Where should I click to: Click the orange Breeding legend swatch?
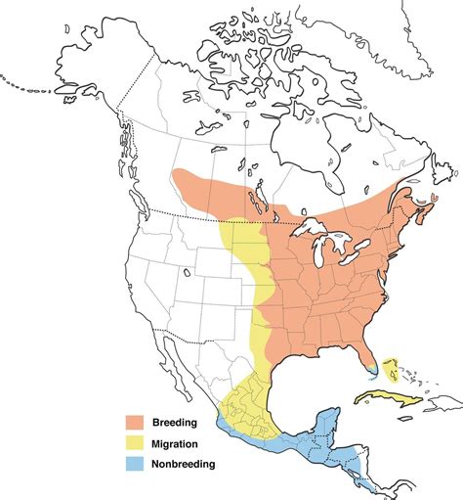[134, 422]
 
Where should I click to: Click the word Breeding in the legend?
[173, 422]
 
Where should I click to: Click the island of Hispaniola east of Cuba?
[441, 406]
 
